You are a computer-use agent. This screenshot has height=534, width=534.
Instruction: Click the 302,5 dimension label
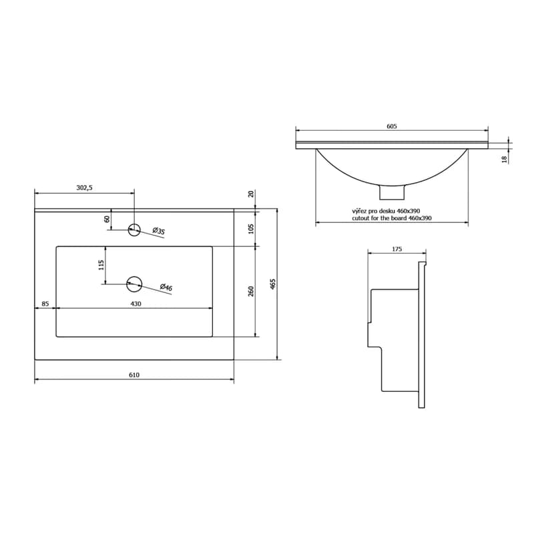85,188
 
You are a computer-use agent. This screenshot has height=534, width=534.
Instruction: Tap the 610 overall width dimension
134,375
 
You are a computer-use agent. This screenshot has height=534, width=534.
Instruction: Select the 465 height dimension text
272,284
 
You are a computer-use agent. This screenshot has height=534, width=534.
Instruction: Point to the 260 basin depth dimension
251,291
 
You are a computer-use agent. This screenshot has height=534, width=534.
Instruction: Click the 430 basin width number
136,304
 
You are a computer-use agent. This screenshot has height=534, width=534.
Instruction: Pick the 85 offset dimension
45,304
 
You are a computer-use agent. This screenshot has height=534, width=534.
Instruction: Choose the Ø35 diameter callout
159,231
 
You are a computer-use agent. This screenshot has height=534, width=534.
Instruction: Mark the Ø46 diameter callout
166,288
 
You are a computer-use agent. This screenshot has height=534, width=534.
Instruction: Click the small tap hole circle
134,230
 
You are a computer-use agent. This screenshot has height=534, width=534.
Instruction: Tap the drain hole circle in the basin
134,284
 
